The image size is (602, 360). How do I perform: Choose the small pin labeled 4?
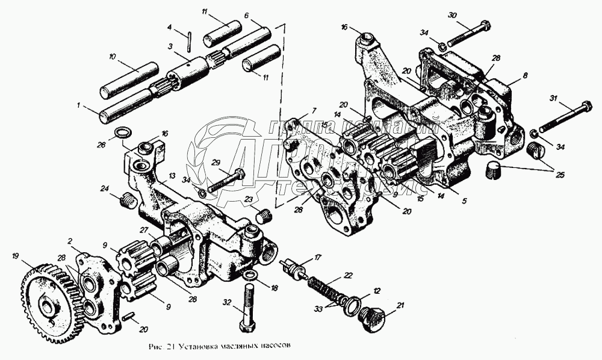click(x=190, y=42)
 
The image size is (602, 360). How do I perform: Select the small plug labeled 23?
click(x=263, y=213)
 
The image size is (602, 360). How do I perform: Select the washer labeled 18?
click(x=252, y=276)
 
